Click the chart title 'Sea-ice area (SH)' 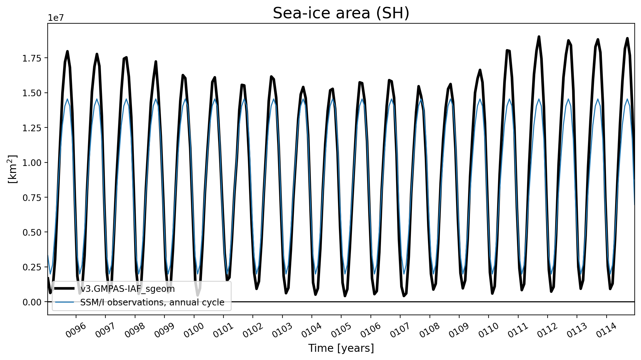341,13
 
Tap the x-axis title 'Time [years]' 341,348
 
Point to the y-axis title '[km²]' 12,169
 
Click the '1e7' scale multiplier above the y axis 56,18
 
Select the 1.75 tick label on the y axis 32,58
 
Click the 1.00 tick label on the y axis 32,162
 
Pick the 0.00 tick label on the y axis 32,302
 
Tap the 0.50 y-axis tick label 32,232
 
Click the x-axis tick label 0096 76,330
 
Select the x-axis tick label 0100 194,330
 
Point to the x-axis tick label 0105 341,330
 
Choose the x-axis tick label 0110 489,330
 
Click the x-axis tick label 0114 606,330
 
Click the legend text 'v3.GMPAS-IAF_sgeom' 128,289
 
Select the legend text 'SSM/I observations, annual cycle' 152,302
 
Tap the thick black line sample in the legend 65,288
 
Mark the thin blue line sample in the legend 65,302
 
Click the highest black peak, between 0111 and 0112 539,37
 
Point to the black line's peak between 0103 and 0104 303,87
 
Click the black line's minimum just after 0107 404,296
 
